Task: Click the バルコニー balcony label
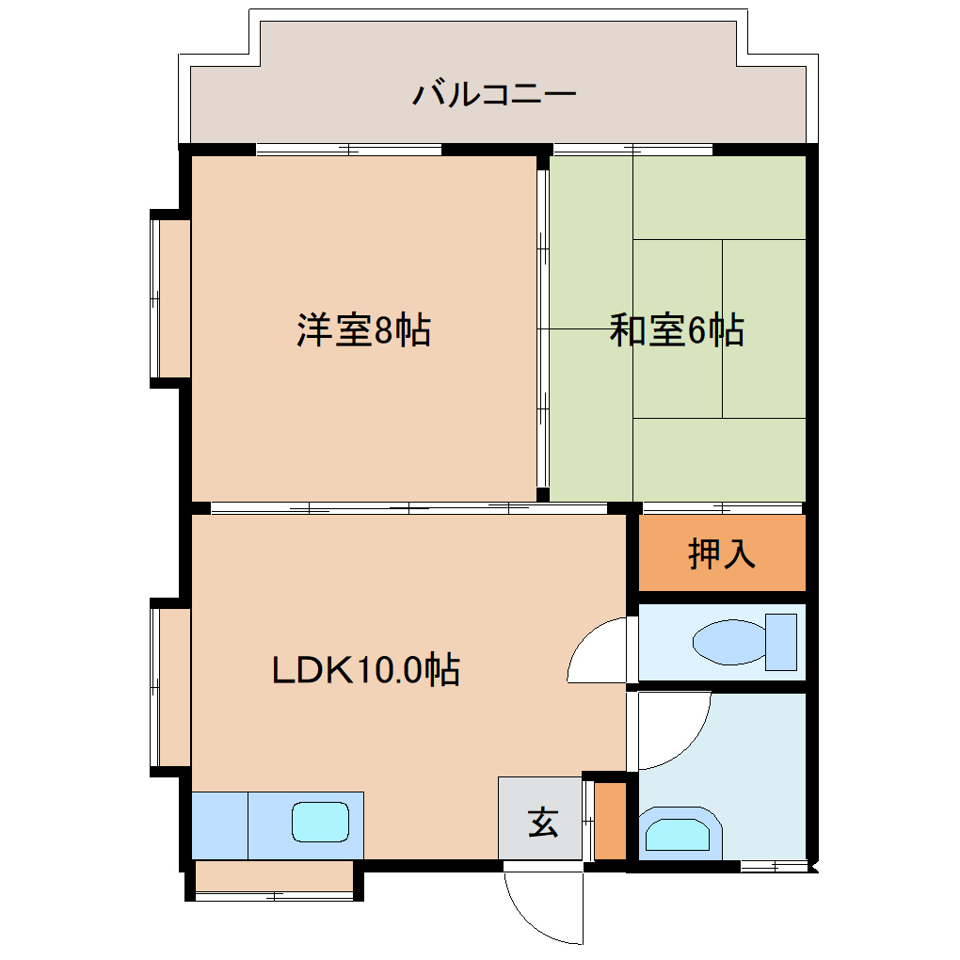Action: pos(493,94)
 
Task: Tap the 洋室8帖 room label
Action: pos(364,330)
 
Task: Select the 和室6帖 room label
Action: pos(677,330)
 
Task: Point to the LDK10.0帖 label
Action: pos(366,669)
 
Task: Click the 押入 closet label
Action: pos(722,553)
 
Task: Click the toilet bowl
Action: pos(728,643)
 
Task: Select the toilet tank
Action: pos(780,641)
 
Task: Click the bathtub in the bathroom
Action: pos(680,832)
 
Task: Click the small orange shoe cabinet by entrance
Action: pos(610,819)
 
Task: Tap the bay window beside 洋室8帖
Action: pos(169,299)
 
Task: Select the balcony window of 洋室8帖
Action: pos(348,149)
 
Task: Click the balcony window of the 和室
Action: pos(633,149)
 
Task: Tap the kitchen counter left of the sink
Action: pos(219,824)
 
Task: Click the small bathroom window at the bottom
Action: pos(774,865)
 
